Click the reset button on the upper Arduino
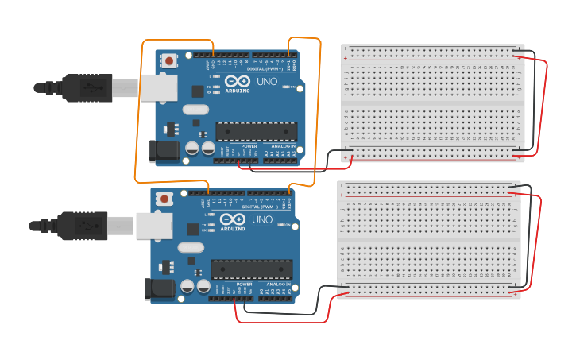[168, 60]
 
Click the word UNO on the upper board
[266, 81]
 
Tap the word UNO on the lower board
[261, 219]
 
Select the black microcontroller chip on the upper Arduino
[257, 132]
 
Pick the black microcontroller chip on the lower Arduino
[251, 270]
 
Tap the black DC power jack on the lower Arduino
[160, 289]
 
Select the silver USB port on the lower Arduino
[153, 226]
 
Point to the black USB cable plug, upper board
[87, 87]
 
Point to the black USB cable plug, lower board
[83, 226]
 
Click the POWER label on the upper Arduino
[249, 146]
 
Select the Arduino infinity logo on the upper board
[237, 81]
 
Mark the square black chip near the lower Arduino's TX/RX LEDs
[193, 230]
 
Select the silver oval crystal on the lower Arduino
[191, 248]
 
